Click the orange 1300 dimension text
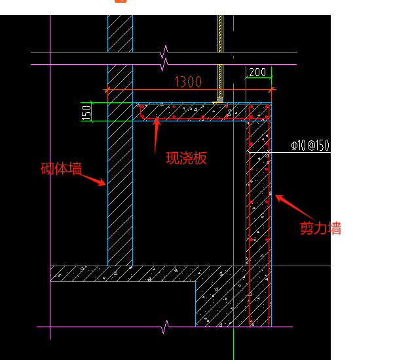(188, 82)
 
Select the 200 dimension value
(257, 72)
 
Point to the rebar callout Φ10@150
(310, 145)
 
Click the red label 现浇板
(186, 158)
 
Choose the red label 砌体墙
(61, 169)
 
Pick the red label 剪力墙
(320, 228)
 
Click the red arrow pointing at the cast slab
(157, 136)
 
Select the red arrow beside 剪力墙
(295, 208)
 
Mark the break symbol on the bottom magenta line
(165, 327)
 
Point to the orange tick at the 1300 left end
(106, 90)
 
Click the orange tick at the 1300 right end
(271, 90)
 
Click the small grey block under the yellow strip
(220, 100)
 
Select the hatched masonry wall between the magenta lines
(120, 58)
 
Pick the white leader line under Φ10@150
(290, 152)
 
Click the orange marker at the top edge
(121, 1)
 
